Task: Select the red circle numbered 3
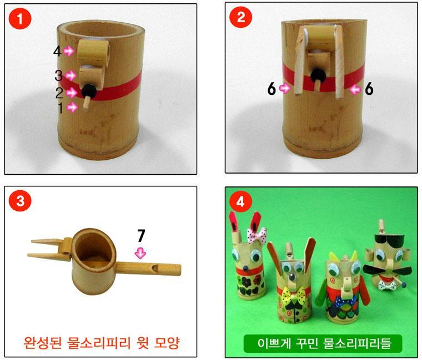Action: click(x=20, y=201)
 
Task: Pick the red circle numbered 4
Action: click(x=240, y=201)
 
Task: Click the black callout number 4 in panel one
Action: click(x=57, y=51)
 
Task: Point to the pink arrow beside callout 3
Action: click(x=71, y=75)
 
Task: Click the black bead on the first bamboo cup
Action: click(x=89, y=92)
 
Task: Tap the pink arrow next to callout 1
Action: click(x=72, y=108)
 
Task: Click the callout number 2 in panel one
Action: click(x=59, y=93)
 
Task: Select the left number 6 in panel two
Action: click(x=272, y=88)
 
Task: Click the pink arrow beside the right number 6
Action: click(x=355, y=89)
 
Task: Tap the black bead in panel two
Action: click(x=318, y=75)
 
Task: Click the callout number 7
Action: click(x=141, y=236)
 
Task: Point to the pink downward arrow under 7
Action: click(x=140, y=253)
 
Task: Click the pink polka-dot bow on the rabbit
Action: click(x=257, y=235)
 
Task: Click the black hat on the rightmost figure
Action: click(x=388, y=239)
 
